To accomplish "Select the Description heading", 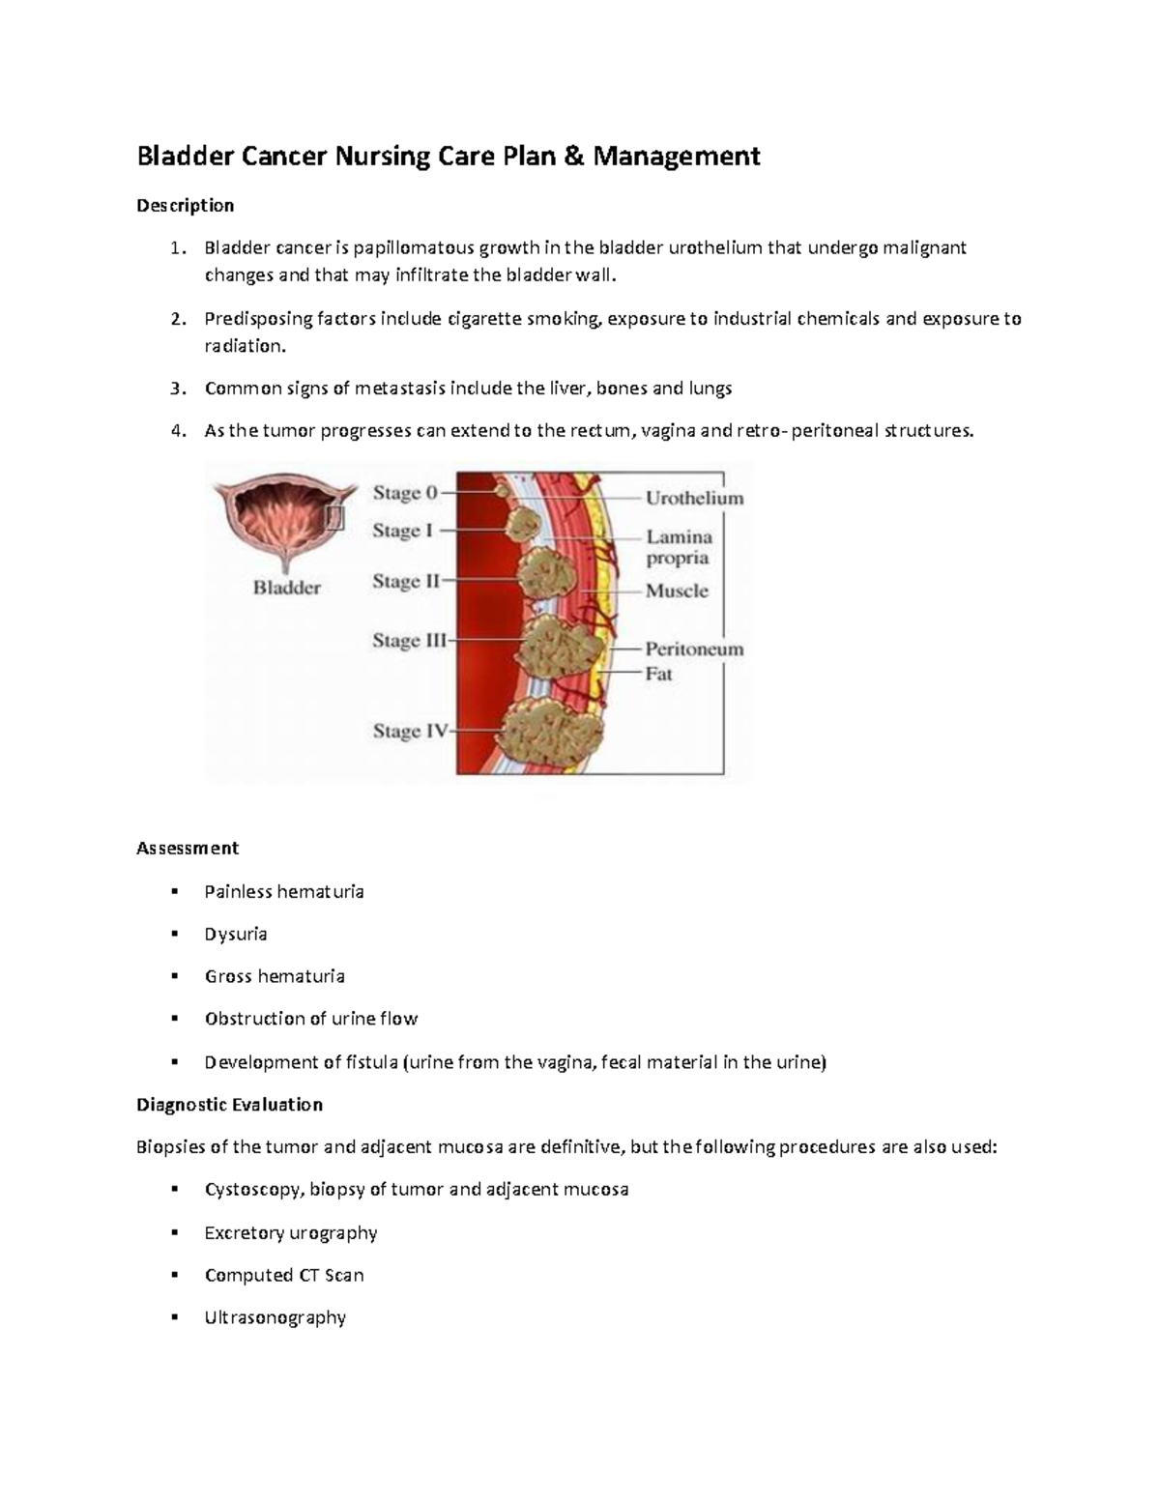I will point(185,205).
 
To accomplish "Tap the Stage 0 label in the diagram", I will point(405,493).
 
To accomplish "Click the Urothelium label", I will point(694,499).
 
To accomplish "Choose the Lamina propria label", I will point(679,547).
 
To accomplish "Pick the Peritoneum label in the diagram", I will point(694,649).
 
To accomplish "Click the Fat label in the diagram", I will point(658,674).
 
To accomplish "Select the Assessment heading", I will point(188,848).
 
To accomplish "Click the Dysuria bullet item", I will point(236,934).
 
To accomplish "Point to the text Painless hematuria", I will point(284,891).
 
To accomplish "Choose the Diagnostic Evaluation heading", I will point(229,1104).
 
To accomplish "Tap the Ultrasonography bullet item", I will point(275,1317).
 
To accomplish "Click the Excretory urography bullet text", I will point(291,1232).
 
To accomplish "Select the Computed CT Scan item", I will point(284,1275).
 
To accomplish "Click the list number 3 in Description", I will point(175,389).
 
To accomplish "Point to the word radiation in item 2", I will point(244,346).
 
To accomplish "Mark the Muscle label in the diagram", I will point(677,591).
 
